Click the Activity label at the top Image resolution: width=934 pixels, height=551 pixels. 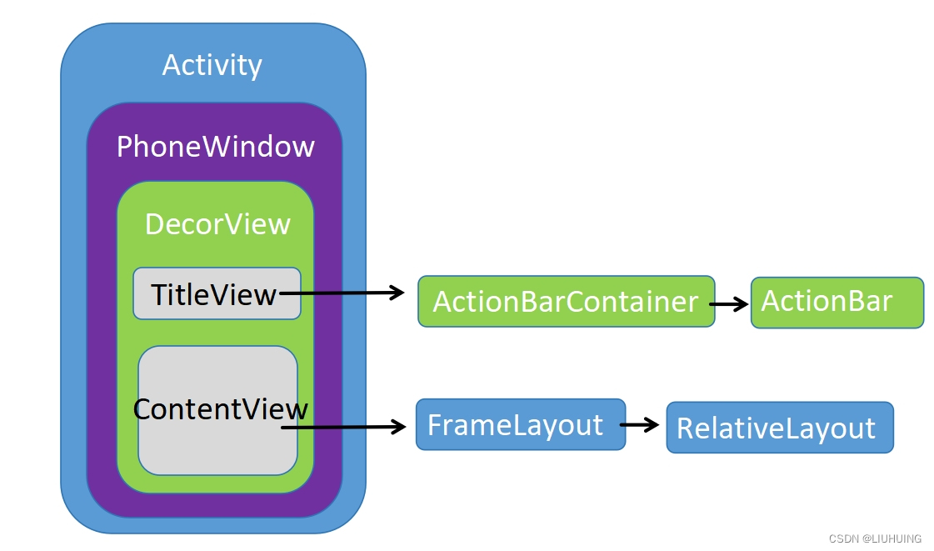[212, 65]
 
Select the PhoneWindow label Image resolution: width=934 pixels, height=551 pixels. [215, 147]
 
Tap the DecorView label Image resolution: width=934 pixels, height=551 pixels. [217, 224]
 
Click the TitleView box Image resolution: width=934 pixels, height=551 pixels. [217, 294]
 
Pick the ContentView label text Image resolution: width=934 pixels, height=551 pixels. [220, 409]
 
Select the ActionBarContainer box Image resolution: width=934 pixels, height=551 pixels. [566, 301]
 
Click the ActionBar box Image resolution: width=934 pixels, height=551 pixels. [837, 302]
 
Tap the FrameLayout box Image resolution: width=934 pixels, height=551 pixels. [520, 424]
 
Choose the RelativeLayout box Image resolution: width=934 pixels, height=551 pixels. [779, 428]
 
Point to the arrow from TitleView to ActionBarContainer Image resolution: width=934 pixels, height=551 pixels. [342, 293]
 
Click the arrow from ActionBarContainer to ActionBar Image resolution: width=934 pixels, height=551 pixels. [729, 304]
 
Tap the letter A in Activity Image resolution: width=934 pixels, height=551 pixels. [172, 65]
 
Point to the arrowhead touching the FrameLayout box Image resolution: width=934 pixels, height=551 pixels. [397, 428]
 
